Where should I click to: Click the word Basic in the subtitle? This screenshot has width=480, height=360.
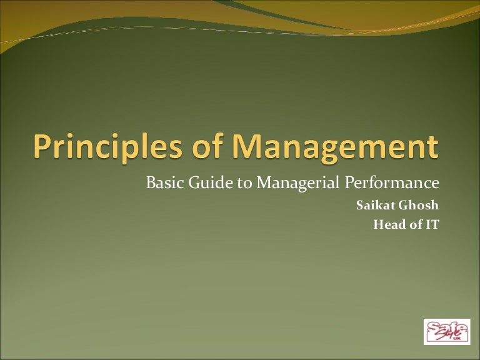point(161,184)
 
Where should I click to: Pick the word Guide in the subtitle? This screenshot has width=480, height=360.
point(201,184)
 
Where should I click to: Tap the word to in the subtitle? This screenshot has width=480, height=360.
point(229,184)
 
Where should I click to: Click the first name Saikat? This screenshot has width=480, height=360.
point(373,206)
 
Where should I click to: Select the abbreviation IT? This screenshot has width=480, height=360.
point(432,225)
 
